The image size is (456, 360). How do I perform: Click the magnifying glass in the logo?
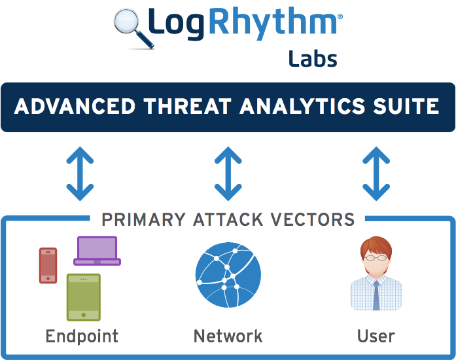click(x=133, y=28)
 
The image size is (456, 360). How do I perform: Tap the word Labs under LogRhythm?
click(x=313, y=59)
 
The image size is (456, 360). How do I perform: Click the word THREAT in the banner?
click(x=187, y=106)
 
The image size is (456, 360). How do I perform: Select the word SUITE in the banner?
click(x=406, y=106)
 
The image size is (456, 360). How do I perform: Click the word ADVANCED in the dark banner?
click(x=75, y=106)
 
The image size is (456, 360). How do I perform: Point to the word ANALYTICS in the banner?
click(x=302, y=106)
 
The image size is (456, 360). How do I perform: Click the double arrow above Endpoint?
click(x=80, y=173)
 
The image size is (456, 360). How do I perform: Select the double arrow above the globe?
click(x=228, y=173)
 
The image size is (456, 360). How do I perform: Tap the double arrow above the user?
click(x=376, y=173)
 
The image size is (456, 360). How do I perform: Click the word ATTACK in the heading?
click(x=228, y=219)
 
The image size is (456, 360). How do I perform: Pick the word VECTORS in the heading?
click(x=313, y=219)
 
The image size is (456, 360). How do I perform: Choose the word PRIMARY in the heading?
click(x=143, y=219)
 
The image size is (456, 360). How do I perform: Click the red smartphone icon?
click(x=48, y=265)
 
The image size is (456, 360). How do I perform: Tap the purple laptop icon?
click(x=97, y=251)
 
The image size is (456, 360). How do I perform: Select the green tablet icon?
click(x=84, y=297)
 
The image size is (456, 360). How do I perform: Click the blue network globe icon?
click(x=228, y=275)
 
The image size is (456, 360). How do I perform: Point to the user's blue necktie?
click(x=376, y=296)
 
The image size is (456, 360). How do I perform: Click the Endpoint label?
click(x=82, y=336)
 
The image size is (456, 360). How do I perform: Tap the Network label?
click(x=228, y=336)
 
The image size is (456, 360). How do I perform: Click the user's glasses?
click(x=376, y=257)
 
